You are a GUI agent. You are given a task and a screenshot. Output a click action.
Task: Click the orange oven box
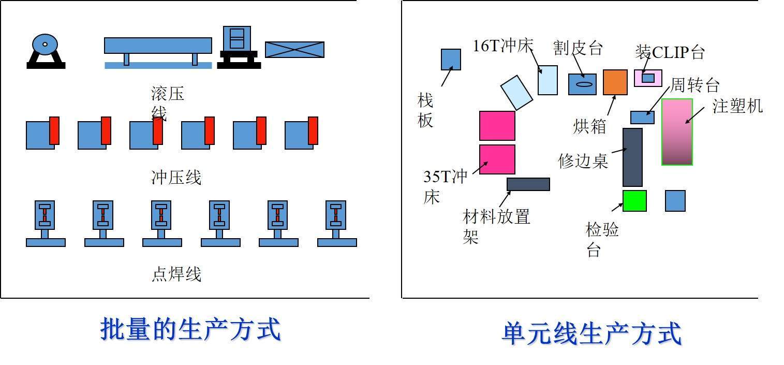[x=615, y=82]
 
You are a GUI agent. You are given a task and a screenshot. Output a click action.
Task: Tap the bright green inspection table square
[x=634, y=201]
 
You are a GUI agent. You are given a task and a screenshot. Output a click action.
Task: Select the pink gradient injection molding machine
[x=677, y=132]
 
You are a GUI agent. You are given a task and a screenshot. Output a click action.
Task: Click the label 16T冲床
[x=503, y=46]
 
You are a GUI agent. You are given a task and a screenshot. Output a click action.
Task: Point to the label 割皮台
[x=578, y=48]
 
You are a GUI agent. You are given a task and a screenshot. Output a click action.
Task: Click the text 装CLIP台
[x=670, y=52]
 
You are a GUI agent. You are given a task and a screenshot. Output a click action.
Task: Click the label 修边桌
[x=583, y=160]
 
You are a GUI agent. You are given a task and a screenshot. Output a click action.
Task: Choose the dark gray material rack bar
[x=528, y=184]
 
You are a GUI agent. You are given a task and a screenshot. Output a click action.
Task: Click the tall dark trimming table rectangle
[x=632, y=157]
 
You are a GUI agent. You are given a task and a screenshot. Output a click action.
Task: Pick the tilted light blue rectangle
[x=516, y=93]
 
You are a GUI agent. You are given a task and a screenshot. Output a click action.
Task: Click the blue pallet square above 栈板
[x=451, y=60]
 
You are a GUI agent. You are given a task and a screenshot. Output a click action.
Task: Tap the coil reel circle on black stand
[x=45, y=45]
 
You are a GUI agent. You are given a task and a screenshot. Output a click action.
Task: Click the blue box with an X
[x=294, y=50]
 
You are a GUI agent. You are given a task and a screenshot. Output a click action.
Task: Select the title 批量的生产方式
[x=190, y=330]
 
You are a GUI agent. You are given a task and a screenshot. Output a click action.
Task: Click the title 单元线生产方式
[x=591, y=333]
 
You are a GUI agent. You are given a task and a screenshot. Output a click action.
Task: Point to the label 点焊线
[x=176, y=274]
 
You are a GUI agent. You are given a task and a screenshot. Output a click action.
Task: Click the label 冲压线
[x=176, y=178]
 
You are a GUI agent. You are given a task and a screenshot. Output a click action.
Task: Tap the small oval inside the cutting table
[x=582, y=84]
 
